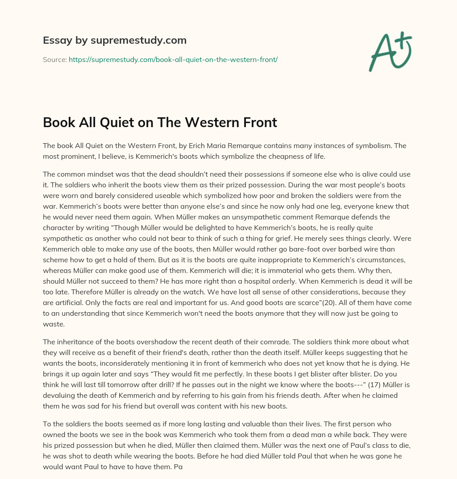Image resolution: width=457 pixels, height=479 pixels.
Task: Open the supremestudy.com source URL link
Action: [x=173, y=59]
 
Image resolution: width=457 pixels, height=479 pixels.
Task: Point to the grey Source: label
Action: [x=55, y=59]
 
